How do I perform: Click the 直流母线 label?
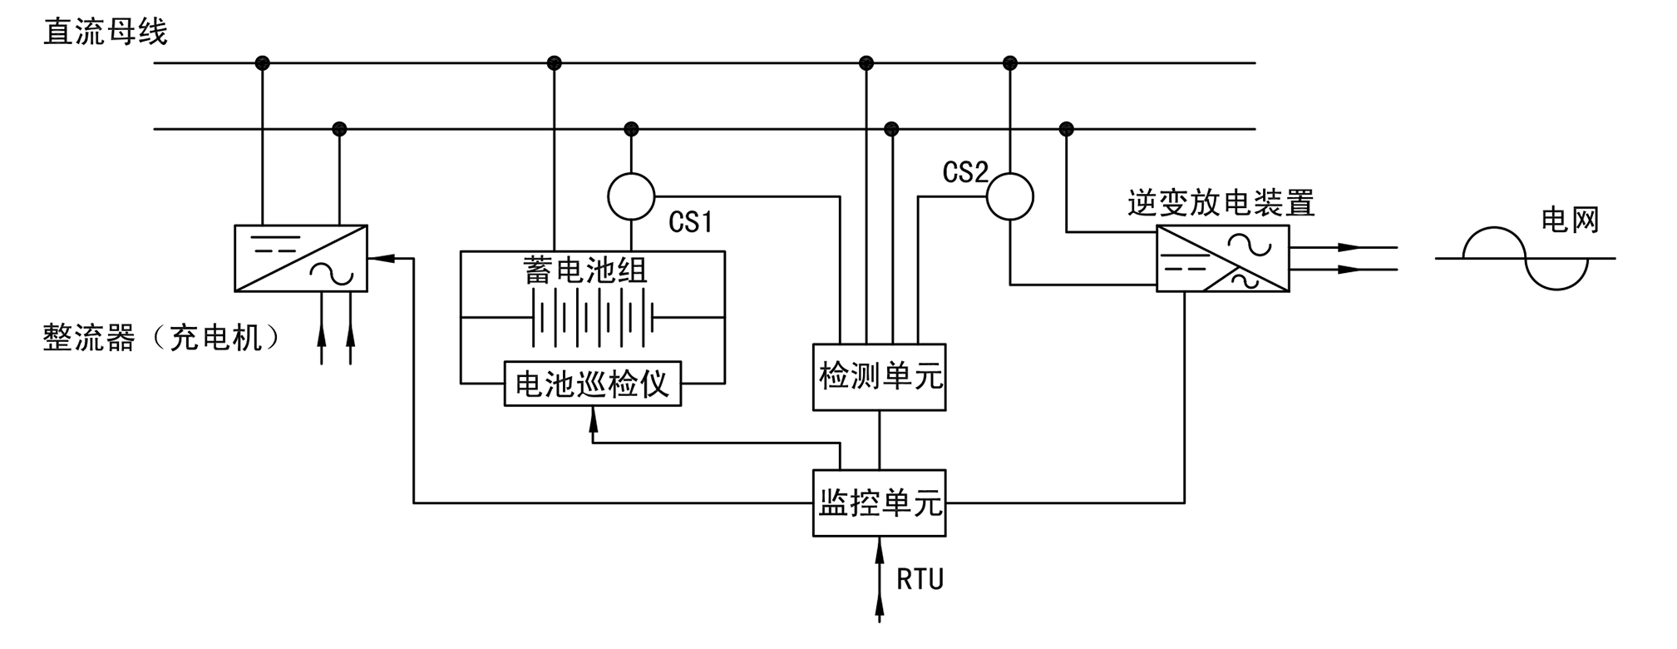(x=106, y=32)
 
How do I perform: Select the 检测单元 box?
(x=879, y=377)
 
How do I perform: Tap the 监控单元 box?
(x=879, y=503)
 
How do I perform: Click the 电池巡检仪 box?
(x=592, y=384)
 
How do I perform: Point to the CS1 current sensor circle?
(x=631, y=196)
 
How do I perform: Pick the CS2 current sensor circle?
(x=1009, y=196)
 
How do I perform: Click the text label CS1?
(x=690, y=222)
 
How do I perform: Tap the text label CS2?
(x=964, y=172)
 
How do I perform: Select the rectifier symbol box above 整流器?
(x=301, y=258)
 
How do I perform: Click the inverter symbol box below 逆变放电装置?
(x=1222, y=258)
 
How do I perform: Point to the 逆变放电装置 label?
(x=1221, y=203)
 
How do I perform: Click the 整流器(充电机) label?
(x=162, y=338)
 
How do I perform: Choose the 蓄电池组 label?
(x=585, y=270)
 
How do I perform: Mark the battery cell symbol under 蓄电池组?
(x=592, y=317)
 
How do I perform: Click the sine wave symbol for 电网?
(x=1525, y=258)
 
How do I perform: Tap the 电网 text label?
(x=1570, y=220)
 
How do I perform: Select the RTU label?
(x=920, y=579)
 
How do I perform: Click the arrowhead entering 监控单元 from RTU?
(x=879, y=546)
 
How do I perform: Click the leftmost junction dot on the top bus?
(x=262, y=62)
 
